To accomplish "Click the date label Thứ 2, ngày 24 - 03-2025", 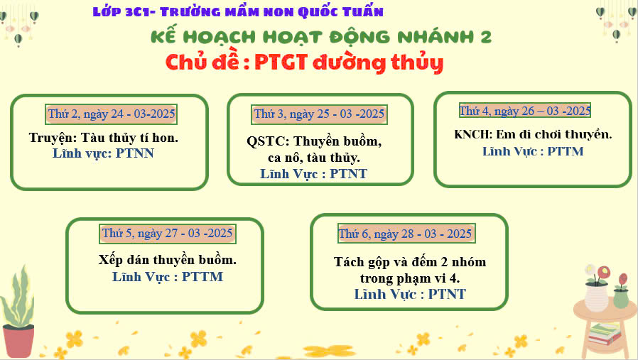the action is click(111, 114).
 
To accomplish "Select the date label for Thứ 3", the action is click(319, 114).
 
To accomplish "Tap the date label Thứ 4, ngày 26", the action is click(525, 110).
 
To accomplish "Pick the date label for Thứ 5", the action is click(167, 234).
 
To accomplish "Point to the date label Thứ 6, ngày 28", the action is click(406, 234).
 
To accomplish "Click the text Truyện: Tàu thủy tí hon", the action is click(103, 138).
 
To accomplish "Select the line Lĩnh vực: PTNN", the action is click(103, 153).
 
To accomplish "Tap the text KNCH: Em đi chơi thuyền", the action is click(533, 134).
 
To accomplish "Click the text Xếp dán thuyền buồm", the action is click(167, 259).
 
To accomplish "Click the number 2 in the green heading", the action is click(486, 38).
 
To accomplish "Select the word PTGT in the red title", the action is click(281, 62).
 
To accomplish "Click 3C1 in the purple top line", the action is click(136, 12).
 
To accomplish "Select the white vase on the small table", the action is click(596, 298).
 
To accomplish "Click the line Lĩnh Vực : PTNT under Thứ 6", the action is click(410, 294).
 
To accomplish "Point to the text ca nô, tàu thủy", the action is click(314, 158).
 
